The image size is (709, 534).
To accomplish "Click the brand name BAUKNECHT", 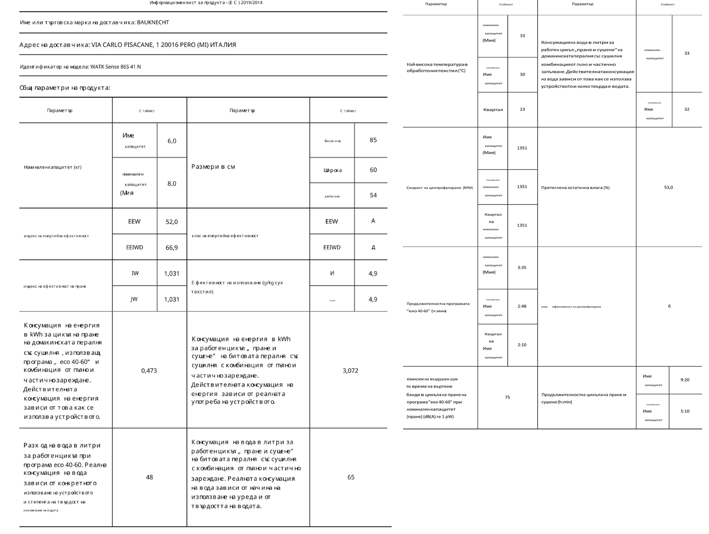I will pos(153,22).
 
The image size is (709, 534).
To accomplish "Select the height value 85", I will pos(373,140).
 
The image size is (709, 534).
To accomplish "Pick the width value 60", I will pos(373,170).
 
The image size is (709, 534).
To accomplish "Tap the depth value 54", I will pos(373,195).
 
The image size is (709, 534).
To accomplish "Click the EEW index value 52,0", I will pos(172,222).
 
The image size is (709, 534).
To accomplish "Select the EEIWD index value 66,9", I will pos(172,248).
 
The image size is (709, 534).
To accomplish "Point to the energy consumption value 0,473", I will pos(149,371).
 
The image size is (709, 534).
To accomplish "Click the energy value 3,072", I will pos(350,371).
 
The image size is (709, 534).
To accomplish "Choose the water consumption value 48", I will pos(150,477).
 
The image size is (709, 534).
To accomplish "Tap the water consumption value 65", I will pos(351,477).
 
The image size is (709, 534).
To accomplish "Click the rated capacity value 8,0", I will pos(172,184).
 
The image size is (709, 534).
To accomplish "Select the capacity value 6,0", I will pos(172,141).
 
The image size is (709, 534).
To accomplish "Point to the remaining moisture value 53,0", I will pos(668,187).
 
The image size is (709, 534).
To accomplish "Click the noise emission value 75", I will pos(507,397).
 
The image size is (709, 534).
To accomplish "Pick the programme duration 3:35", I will pos(522,267).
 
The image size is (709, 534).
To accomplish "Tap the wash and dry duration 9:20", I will pos(685,380).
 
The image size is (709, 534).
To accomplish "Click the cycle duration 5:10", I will pos(685,411).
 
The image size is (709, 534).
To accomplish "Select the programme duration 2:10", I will pos(522,345).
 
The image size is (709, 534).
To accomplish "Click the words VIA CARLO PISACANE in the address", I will pos(122,45).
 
